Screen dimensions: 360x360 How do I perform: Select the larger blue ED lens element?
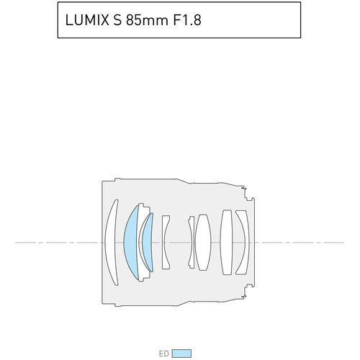pyautogui.click(x=130, y=242)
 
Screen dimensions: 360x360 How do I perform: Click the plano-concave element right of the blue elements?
pyautogui.click(x=165, y=242)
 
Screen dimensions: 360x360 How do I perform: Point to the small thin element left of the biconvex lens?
pyautogui.click(x=191, y=242)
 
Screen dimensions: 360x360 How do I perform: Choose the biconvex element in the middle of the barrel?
pyautogui.click(x=202, y=242)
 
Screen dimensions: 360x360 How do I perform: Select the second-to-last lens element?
pyautogui.click(x=227, y=242)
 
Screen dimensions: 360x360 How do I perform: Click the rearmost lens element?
pyautogui.click(x=241, y=242)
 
